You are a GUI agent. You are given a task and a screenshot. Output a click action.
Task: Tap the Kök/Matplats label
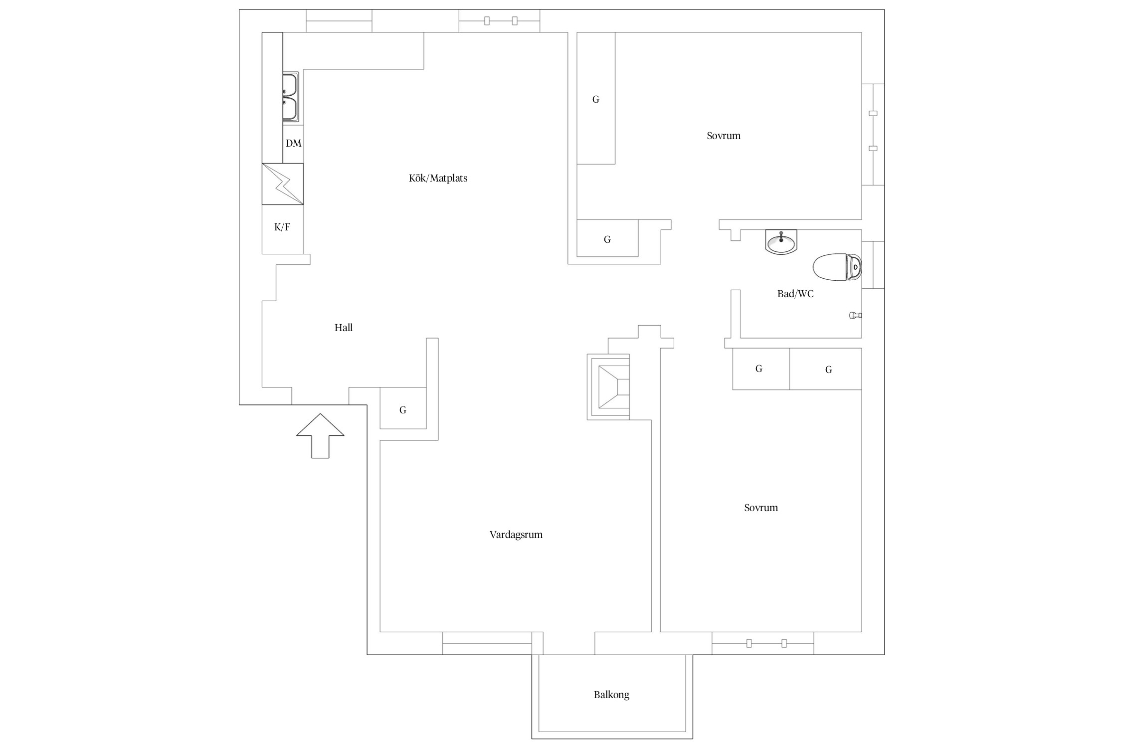coord(438,178)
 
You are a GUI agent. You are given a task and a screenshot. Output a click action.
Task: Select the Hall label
coord(344,328)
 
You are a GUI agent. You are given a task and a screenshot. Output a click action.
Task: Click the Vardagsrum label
coord(516,535)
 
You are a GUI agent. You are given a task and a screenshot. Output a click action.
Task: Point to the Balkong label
coord(611,695)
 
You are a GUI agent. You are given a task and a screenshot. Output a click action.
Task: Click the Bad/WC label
coord(795,294)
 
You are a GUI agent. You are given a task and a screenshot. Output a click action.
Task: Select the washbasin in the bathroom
coord(781,242)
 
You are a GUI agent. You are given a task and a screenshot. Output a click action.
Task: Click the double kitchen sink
coord(290,97)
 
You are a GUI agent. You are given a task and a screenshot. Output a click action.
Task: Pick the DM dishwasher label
coord(293,143)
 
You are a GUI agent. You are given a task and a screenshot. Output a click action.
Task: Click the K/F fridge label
coord(282,227)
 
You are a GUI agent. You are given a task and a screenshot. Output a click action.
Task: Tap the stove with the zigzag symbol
coord(283,184)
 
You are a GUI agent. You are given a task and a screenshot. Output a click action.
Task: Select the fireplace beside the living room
coord(608,387)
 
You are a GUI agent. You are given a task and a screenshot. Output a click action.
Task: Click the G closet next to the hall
coord(403,408)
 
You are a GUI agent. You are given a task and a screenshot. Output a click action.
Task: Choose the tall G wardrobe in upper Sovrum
coord(596,98)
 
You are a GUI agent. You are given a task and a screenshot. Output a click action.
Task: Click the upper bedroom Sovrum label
coord(724,136)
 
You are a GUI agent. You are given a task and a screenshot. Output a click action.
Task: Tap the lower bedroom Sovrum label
coord(761,508)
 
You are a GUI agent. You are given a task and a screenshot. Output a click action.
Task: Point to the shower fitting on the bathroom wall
coord(856,315)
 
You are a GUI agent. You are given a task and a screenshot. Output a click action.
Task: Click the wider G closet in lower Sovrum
coord(826,369)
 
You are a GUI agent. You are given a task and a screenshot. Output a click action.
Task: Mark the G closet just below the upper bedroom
coord(607,238)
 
